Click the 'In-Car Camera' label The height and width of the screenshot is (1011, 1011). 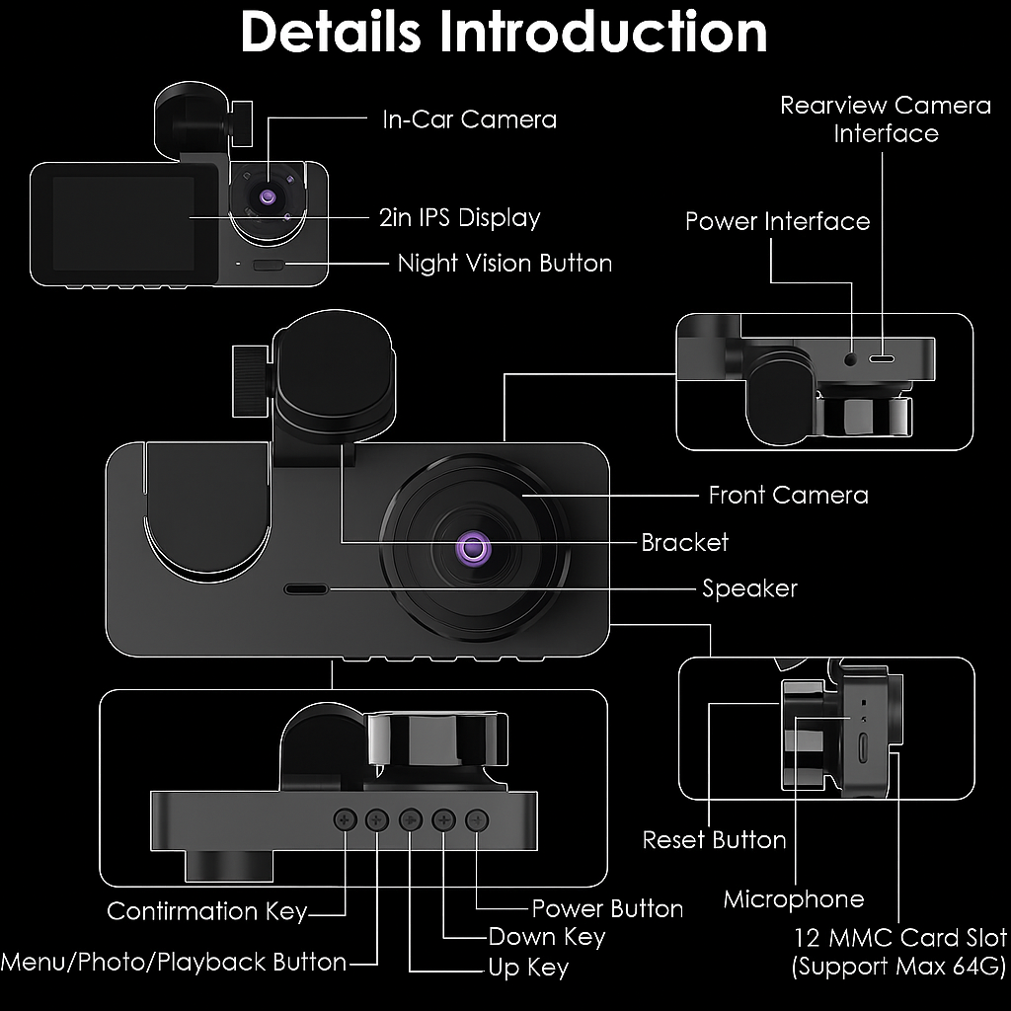pos(469,119)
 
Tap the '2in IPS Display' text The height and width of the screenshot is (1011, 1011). pos(459,217)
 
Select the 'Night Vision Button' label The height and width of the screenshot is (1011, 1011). pos(505,264)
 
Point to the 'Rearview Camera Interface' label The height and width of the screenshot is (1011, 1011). pos(885,118)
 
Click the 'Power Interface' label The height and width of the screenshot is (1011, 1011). pos(777,221)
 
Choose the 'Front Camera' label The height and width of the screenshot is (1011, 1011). pos(788,495)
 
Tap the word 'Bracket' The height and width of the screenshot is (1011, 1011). pos(684,542)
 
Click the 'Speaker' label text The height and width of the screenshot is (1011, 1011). pos(749,588)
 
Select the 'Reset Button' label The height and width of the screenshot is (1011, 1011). pos(714,840)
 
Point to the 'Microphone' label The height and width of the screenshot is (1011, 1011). pos(793,899)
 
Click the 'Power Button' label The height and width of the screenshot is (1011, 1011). pos(607,908)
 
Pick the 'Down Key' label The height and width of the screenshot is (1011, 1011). pos(546,936)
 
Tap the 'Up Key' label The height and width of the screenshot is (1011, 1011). pos(528,968)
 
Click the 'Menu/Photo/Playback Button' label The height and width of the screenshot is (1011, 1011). pos(174,962)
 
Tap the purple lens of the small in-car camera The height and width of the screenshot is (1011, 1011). pos(268,196)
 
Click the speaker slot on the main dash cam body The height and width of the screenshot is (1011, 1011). pos(306,589)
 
